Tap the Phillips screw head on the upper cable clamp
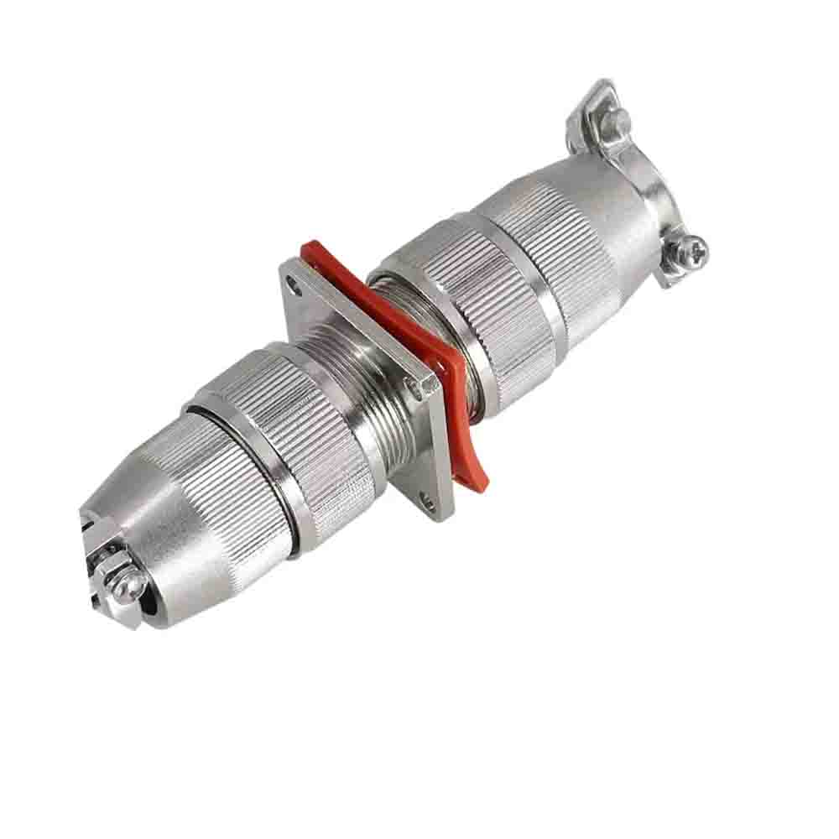[x=692, y=248]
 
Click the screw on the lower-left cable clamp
[x=126, y=587]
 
